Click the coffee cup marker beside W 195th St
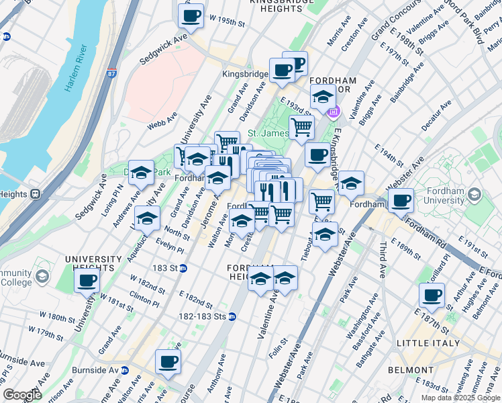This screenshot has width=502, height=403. click(x=191, y=15)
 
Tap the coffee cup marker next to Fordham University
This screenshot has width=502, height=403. click(x=401, y=199)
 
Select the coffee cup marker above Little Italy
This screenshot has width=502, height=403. click(x=432, y=295)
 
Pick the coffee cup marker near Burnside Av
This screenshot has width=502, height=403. click(x=168, y=363)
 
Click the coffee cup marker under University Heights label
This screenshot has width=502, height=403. click(x=87, y=281)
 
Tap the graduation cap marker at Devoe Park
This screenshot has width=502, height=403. click(x=141, y=173)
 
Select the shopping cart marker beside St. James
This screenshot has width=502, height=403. click(x=301, y=126)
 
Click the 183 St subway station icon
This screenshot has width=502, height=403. click(x=183, y=268)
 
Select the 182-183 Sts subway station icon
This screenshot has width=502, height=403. click(x=232, y=316)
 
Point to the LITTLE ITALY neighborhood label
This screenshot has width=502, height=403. click(x=429, y=343)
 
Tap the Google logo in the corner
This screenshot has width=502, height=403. click(x=23, y=394)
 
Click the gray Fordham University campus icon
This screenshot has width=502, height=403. click(x=475, y=195)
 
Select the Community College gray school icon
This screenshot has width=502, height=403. click(x=42, y=277)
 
